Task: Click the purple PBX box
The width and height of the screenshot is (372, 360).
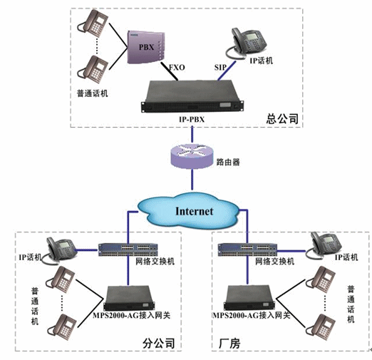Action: pyautogui.click(x=145, y=46)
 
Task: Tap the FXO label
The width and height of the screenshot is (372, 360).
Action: pyautogui.click(x=177, y=68)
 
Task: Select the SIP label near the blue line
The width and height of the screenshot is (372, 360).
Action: pyautogui.click(x=220, y=68)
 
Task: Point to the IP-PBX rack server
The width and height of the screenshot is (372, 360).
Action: pyautogui.click(x=192, y=96)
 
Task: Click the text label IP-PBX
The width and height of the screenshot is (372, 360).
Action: pyautogui.click(x=192, y=119)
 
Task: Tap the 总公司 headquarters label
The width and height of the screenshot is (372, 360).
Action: pyautogui.click(x=282, y=118)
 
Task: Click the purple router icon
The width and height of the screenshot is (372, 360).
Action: pyautogui.click(x=192, y=156)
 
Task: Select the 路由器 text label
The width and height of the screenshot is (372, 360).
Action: pyautogui.click(x=228, y=162)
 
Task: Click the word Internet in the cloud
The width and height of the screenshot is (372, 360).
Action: pyautogui.click(x=194, y=211)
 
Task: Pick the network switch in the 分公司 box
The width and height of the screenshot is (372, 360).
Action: pyautogui.click(x=128, y=250)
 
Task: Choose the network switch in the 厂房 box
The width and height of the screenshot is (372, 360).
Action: pyautogui.click(x=247, y=250)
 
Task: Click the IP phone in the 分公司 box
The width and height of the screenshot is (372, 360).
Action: pyautogui.click(x=61, y=250)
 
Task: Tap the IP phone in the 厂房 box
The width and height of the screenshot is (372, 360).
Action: pyautogui.click(x=324, y=246)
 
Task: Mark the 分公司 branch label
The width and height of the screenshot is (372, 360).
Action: pyautogui.click(x=158, y=344)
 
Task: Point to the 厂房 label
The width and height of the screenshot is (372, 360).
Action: pyautogui.click(x=229, y=344)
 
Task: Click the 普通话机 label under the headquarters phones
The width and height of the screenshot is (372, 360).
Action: pyautogui.click(x=93, y=93)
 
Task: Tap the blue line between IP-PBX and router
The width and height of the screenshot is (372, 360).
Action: pyautogui.click(x=192, y=135)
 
